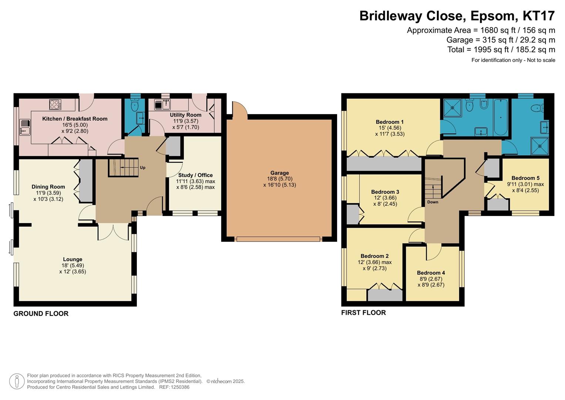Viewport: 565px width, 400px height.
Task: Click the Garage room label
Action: tap(279, 173)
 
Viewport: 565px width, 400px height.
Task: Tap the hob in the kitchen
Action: tap(55, 104)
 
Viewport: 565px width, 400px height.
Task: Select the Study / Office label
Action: tap(195, 175)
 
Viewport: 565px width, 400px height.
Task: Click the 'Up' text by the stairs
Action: tap(142, 168)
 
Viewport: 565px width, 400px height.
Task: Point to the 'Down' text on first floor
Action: tap(433, 202)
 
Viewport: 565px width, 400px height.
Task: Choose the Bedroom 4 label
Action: tap(431, 273)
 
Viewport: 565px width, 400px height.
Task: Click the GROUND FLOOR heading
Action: tap(41, 314)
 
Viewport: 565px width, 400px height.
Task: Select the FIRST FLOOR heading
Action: tap(363, 313)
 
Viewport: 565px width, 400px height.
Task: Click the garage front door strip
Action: tap(278, 239)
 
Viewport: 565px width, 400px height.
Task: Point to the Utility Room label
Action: tap(185, 115)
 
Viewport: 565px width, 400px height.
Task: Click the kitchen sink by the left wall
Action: tap(25, 127)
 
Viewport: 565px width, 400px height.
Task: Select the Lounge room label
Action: tap(73, 260)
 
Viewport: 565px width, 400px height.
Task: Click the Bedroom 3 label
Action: tap(385, 192)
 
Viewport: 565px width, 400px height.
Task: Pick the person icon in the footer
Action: tap(17, 381)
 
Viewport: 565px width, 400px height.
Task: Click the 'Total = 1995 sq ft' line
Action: tap(501, 50)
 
